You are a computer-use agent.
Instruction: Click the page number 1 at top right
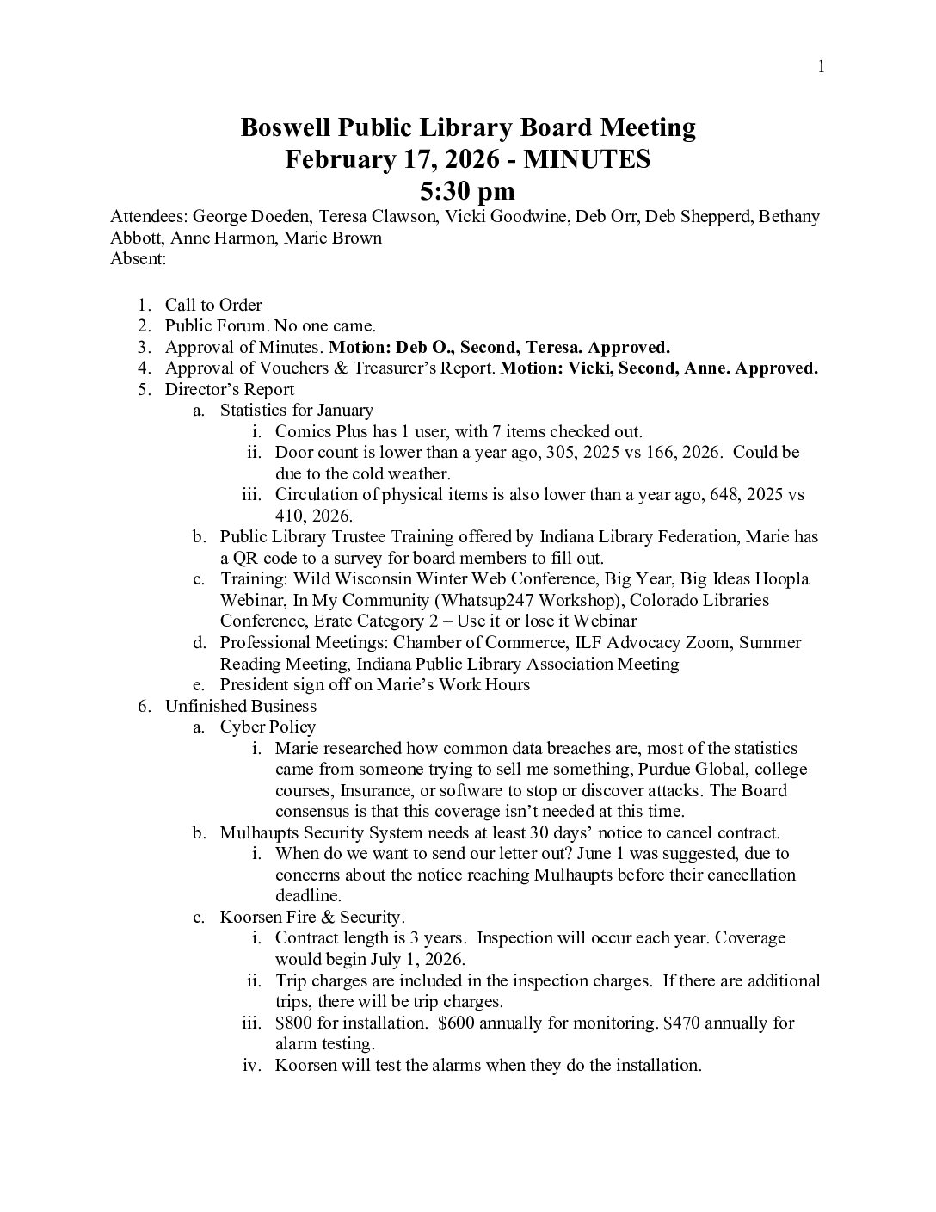(822, 67)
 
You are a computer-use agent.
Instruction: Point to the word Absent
(138, 258)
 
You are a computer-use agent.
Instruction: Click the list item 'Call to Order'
(213, 305)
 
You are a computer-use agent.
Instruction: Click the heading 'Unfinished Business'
(240, 706)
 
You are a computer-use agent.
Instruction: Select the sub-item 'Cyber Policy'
(268, 727)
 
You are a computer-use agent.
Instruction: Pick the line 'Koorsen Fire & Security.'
(312, 917)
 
